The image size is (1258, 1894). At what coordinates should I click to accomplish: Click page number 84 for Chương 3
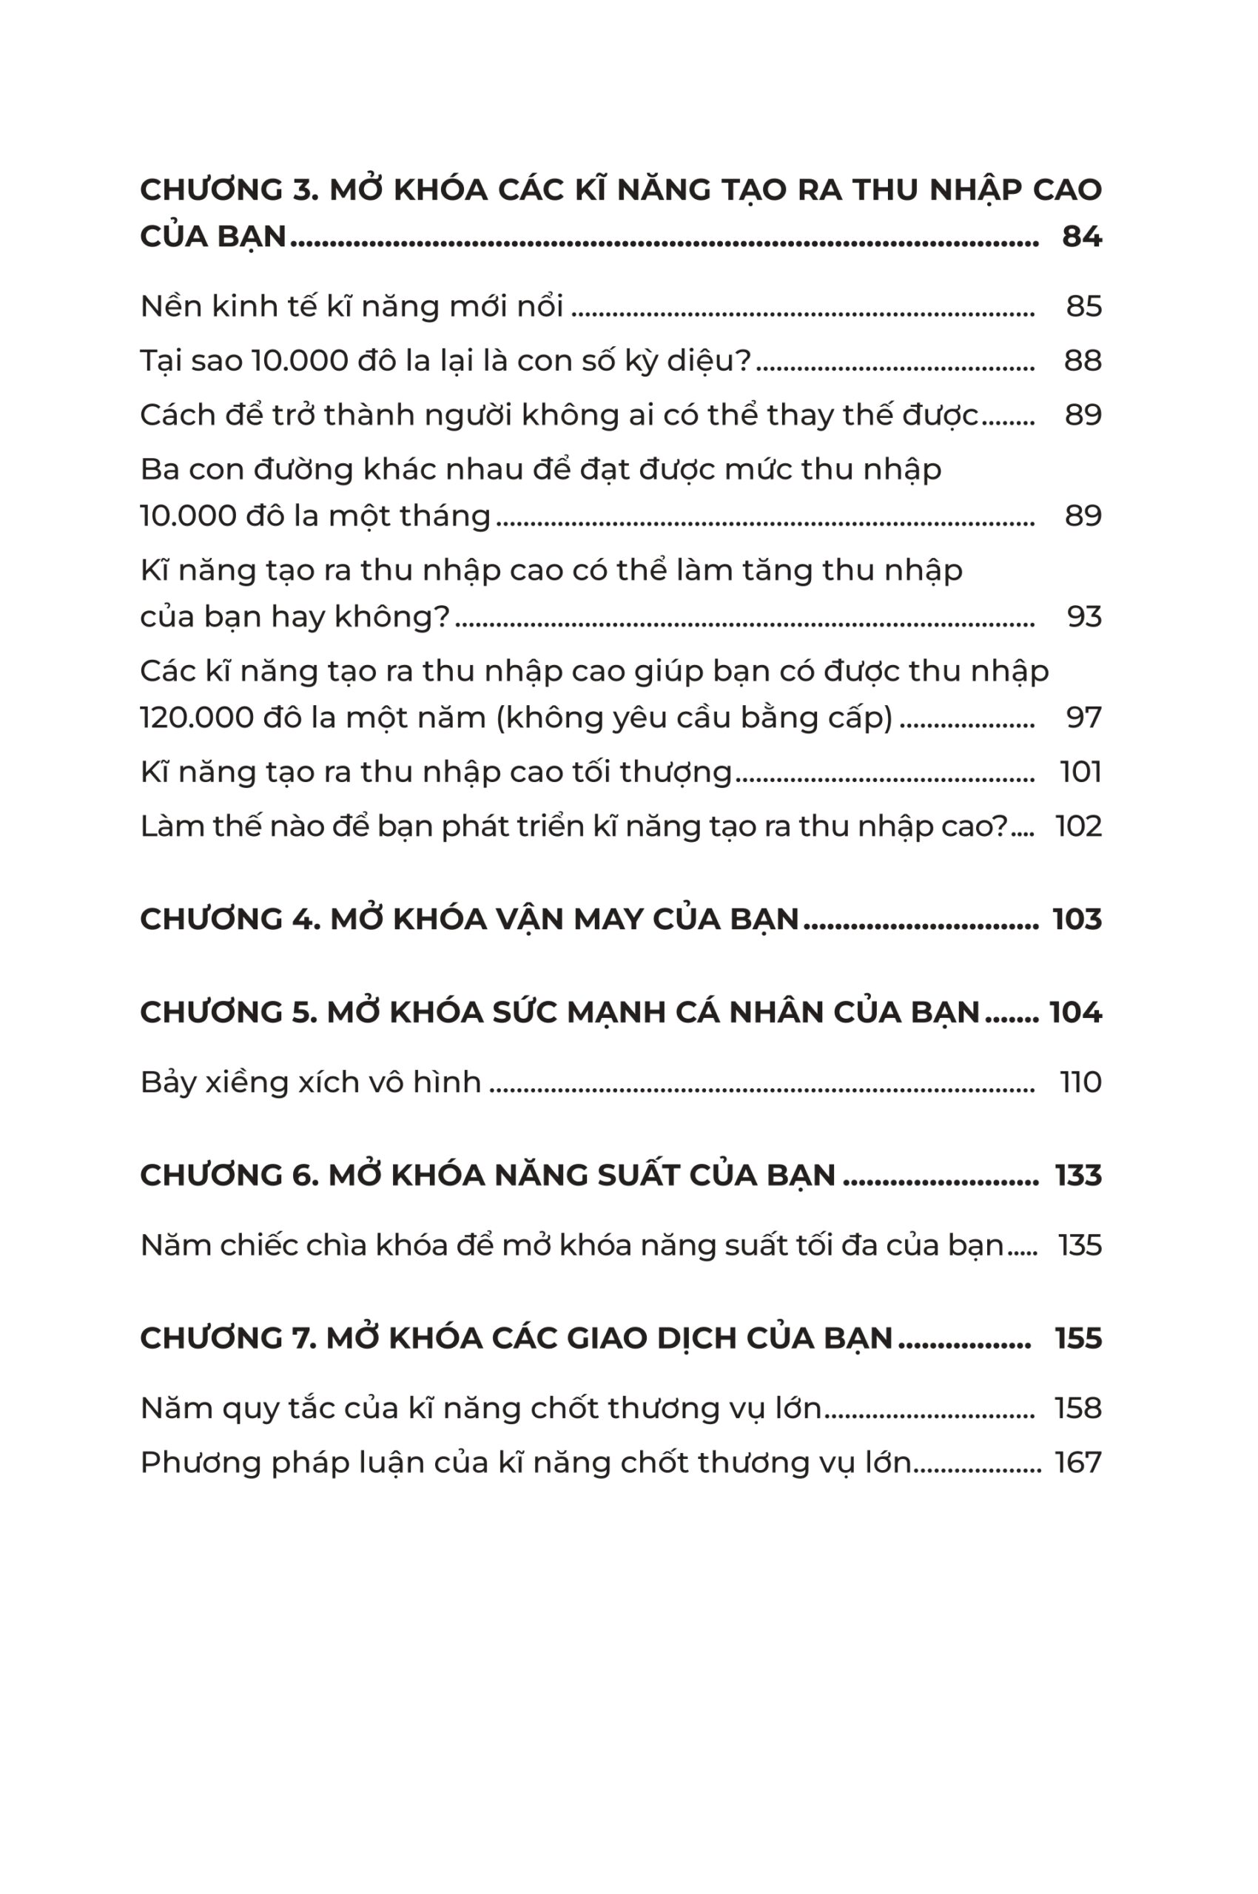[1080, 237]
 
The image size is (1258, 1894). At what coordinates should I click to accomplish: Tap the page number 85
[1083, 306]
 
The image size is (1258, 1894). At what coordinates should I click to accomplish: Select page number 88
[1083, 361]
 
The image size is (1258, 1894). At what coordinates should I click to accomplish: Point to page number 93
[1083, 617]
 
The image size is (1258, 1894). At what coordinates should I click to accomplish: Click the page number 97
[1083, 717]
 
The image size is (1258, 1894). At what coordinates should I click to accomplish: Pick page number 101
[1080, 772]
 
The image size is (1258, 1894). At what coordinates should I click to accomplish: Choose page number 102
[1078, 826]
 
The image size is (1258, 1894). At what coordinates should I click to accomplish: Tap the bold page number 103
[1077, 920]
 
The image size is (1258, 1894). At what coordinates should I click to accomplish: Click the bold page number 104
[1075, 1012]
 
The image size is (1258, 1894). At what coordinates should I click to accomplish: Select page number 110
[1080, 1083]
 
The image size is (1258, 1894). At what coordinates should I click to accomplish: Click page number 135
[1079, 1246]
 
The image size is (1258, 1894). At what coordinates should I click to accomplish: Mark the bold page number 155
[1077, 1339]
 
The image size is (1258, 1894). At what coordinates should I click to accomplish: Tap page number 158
[1077, 1409]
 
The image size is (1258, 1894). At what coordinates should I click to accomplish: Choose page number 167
[1077, 1463]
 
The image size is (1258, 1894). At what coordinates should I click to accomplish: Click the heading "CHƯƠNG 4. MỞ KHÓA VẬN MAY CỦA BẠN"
[469, 920]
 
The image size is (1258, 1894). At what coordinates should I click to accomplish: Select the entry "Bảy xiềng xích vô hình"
[311, 1083]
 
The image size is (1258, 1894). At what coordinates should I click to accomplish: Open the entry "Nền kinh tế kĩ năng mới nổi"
[351, 306]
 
